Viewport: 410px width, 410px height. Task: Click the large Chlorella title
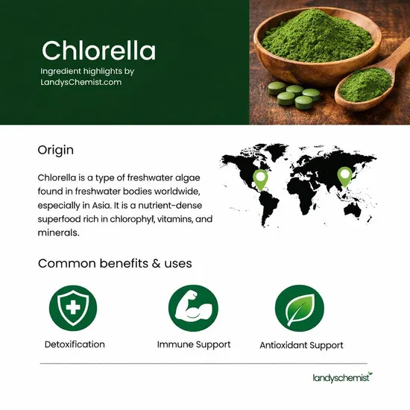click(98, 51)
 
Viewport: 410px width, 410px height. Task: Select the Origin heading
click(55, 150)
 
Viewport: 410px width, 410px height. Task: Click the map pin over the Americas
click(260, 179)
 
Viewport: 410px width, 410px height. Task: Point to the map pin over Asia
click(344, 176)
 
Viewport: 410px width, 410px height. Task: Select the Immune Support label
click(193, 344)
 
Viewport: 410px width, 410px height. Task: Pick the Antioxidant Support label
click(301, 345)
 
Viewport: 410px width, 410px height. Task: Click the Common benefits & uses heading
click(115, 263)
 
